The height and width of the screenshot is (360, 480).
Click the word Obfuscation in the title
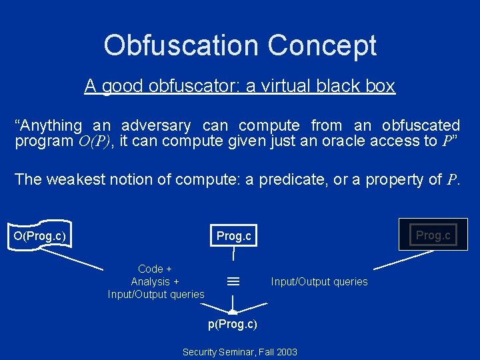pyautogui.click(x=181, y=45)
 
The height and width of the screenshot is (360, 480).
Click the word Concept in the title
pyautogui.click(x=322, y=45)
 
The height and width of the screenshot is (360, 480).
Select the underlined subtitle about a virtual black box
pyautogui.click(x=240, y=86)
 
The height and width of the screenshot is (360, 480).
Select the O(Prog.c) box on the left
pyautogui.click(x=43, y=235)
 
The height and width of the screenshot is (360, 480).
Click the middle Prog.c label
pyautogui.click(x=233, y=236)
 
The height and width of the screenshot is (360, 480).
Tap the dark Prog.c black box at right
pyautogui.click(x=433, y=235)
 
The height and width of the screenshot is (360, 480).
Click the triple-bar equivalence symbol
pyautogui.click(x=233, y=282)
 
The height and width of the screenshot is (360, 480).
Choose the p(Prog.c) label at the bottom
pyautogui.click(x=233, y=324)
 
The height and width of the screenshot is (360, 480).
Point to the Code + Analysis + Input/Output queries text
pyautogui.click(x=156, y=281)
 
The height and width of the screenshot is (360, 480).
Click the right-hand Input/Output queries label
pyautogui.click(x=319, y=282)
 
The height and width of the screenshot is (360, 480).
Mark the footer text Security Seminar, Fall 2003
pyautogui.click(x=240, y=351)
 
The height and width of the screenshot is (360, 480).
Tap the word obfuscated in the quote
pyautogui.click(x=421, y=125)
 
